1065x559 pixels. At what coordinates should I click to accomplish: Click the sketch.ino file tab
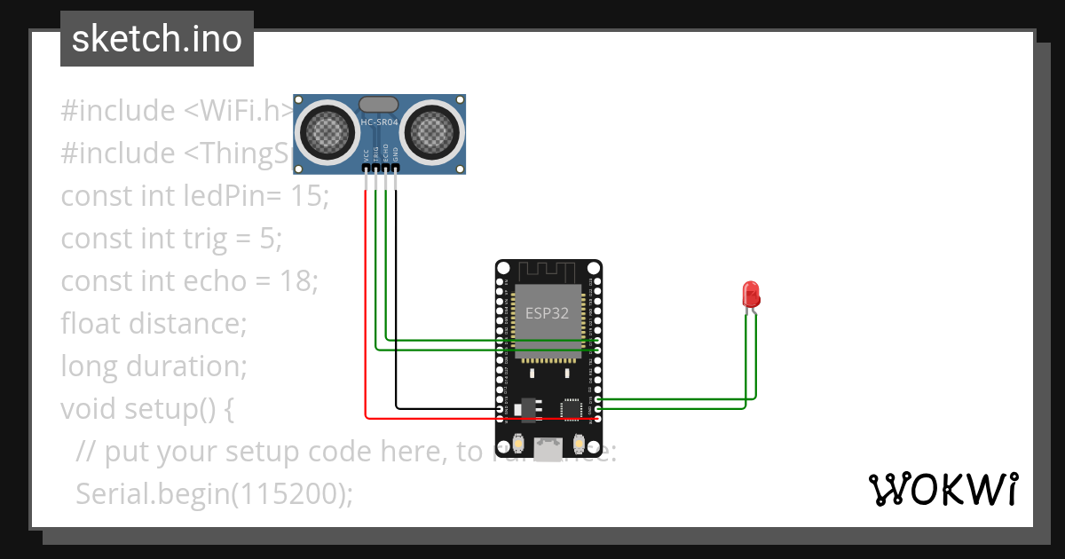(x=156, y=39)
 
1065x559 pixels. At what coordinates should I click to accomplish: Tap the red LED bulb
(x=751, y=294)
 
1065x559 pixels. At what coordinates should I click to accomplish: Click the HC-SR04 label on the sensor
(x=380, y=122)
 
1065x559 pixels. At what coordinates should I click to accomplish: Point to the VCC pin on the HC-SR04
(x=365, y=167)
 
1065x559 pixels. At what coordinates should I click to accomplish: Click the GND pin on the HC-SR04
(x=396, y=167)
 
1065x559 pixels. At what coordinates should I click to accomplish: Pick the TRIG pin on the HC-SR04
(x=375, y=167)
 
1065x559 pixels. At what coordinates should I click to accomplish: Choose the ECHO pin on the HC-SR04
(x=385, y=167)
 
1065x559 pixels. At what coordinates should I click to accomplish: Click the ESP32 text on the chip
(x=548, y=313)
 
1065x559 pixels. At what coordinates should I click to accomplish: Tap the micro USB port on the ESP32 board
(x=548, y=449)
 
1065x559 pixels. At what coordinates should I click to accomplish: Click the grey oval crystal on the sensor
(x=379, y=104)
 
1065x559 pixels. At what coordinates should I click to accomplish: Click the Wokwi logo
(x=942, y=489)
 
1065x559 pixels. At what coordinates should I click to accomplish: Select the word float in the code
(x=91, y=323)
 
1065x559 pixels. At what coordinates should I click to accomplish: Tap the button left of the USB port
(x=518, y=444)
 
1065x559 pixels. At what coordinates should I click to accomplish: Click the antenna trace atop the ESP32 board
(x=548, y=270)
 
